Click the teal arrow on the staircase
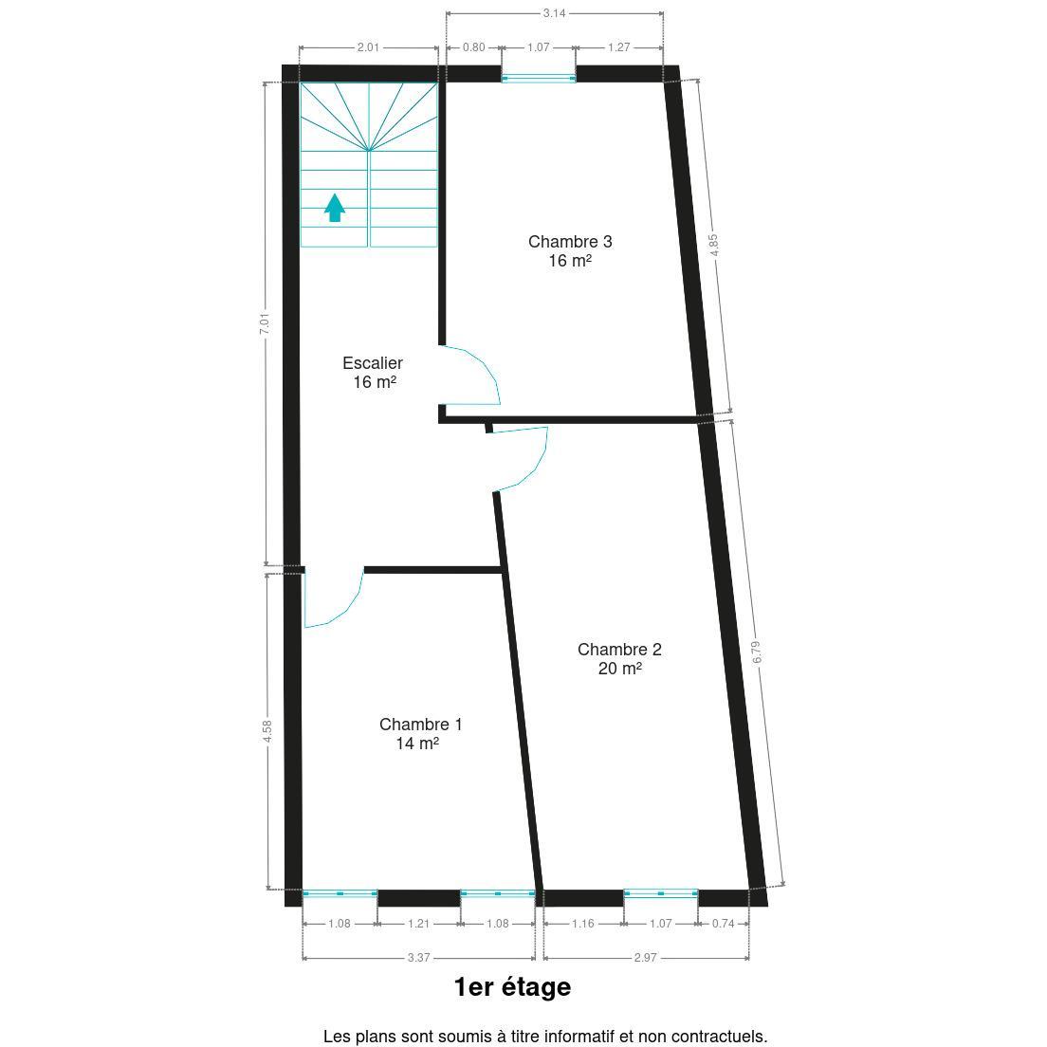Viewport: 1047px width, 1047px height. tap(335, 208)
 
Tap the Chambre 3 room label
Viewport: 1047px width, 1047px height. tap(570, 241)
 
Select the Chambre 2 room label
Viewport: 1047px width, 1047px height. tap(619, 649)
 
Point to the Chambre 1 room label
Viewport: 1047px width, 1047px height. tap(421, 724)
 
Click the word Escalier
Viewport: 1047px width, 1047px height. tap(373, 363)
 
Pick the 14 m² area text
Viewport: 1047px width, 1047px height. tap(417, 744)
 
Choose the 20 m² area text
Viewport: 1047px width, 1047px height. tap(619, 669)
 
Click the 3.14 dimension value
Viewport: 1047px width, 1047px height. tap(554, 12)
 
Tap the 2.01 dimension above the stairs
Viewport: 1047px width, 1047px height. tap(368, 47)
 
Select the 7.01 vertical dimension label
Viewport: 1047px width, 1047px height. tap(266, 323)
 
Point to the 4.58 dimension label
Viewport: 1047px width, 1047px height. tap(267, 730)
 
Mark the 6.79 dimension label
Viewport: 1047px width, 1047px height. tap(756, 652)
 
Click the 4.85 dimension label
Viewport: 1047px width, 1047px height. tap(714, 245)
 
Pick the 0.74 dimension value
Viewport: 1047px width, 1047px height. tap(724, 924)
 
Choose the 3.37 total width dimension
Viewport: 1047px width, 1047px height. tap(418, 958)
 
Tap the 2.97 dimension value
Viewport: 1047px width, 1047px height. tap(646, 958)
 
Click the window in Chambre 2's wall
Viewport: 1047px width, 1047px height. tap(661, 892)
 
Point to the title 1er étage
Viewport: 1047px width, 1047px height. tap(512, 987)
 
